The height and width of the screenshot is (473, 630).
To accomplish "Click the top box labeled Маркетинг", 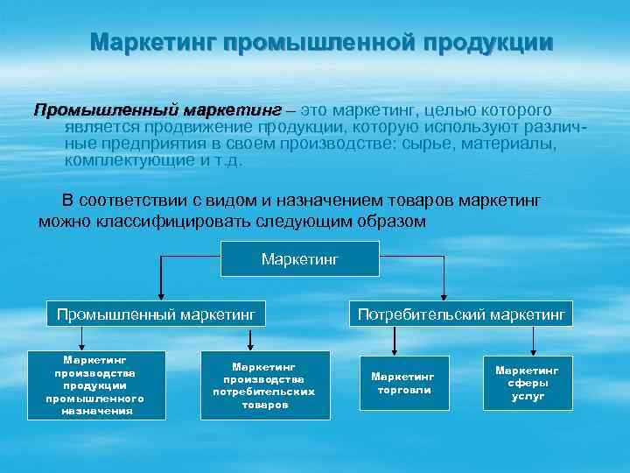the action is [x=299, y=258].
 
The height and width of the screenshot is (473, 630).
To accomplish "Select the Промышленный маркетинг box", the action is [x=155, y=313].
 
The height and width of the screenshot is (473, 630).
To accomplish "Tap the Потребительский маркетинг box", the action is [x=461, y=313].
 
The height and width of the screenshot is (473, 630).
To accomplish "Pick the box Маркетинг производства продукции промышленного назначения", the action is [x=95, y=385].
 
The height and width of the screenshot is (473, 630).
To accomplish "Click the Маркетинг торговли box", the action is [x=403, y=383].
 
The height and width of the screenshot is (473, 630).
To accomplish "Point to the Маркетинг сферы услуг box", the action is [x=528, y=383].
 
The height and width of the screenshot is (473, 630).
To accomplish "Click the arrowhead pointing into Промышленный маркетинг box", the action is [x=159, y=295].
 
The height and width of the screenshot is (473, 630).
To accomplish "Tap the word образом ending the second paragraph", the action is [x=395, y=221].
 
